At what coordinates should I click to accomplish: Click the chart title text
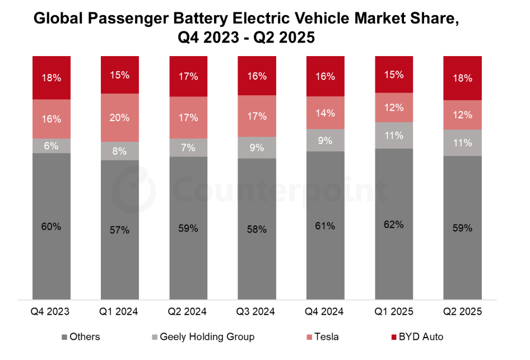coord(247,28)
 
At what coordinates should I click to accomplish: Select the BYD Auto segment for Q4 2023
coord(52,77)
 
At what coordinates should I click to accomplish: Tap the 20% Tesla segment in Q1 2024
coord(120,118)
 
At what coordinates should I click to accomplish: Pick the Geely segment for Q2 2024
coord(188,147)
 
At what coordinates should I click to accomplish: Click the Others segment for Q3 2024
coord(257,229)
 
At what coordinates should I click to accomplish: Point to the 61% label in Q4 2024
coord(326,226)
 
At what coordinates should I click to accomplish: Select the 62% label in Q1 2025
coord(394,224)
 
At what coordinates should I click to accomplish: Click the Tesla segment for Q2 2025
coord(463,114)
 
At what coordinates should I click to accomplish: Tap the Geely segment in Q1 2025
coord(394,135)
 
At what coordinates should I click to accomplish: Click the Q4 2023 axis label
coord(52,311)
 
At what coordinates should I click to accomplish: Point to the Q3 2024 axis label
coord(257,311)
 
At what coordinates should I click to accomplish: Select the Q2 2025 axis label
coord(463,311)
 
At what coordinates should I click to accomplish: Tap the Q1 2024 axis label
coord(120,311)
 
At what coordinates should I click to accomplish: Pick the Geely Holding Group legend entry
coord(203,337)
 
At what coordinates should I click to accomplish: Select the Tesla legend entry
coord(322,337)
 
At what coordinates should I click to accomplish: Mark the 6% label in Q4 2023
coord(52,145)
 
